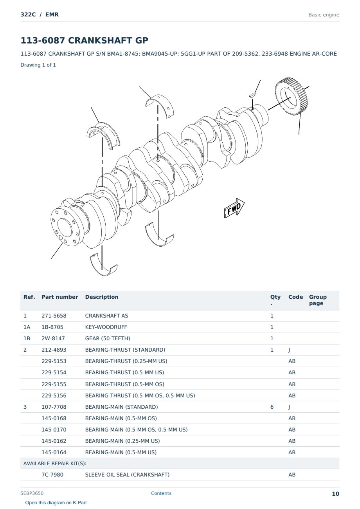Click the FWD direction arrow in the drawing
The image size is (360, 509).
pyautogui.click(x=234, y=208)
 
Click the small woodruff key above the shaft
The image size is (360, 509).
pyautogui.click(x=252, y=94)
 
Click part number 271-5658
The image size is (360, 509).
pyautogui.click(x=54, y=316)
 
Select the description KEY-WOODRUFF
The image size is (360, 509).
pyautogui.click(x=106, y=327)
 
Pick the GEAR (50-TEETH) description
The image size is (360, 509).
pyautogui.click(x=108, y=339)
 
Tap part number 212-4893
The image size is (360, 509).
pyautogui.click(x=54, y=350)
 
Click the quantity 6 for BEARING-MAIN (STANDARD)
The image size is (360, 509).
pyautogui.click(x=272, y=407)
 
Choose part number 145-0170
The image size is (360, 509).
pyautogui.click(x=54, y=430)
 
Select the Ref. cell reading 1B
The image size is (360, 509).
pyautogui.click(x=27, y=339)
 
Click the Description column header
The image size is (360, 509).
pyautogui.click(x=101, y=297)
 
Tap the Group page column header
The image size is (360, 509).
pyautogui.click(x=318, y=300)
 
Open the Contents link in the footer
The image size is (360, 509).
pyautogui.click(x=161, y=493)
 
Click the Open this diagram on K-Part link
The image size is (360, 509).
pyautogui.click(x=56, y=503)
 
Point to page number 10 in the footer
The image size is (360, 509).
pyautogui.click(x=335, y=494)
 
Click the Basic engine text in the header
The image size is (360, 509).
pyautogui.click(x=324, y=15)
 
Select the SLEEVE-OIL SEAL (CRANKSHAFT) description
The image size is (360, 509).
pyautogui.click(x=127, y=475)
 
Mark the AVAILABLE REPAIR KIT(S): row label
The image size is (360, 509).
pyautogui.click(x=55, y=463)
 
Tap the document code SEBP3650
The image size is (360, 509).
pyautogui.click(x=32, y=493)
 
